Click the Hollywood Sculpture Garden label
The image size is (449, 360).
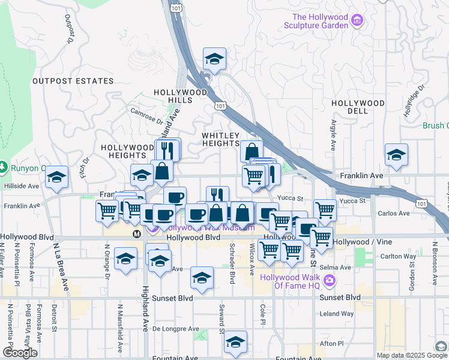tap(320, 21)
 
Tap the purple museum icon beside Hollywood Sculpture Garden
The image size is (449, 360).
tap(357, 21)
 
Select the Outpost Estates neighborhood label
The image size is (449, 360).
tap(73, 80)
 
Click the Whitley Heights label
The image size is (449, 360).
tap(220, 139)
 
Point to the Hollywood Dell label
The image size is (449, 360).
tap(358, 107)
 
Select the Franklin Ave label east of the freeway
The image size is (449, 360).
tap(361, 175)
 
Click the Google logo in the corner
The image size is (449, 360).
tap(20, 353)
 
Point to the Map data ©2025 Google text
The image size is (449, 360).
tap(412, 355)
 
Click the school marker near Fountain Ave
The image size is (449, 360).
tap(235, 342)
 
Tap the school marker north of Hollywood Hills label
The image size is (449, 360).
tap(214, 59)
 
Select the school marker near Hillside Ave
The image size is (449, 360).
tap(57, 177)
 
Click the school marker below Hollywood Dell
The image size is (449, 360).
tap(396, 155)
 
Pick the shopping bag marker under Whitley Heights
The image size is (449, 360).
tap(252, 151)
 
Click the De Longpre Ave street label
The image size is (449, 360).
tap(175, 329)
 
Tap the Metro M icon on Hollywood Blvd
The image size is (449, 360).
tap(137, 233)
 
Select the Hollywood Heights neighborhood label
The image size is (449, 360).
tap(128, 151)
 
